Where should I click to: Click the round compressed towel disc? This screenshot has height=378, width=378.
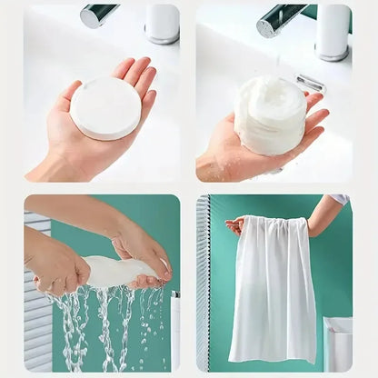click(x=105, y=107)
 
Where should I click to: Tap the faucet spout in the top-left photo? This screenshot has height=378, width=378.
click(x=99, y=15)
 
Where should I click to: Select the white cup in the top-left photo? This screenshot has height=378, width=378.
click(x=163, y=23)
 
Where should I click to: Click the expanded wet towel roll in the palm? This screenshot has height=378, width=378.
click(x=270, y=114)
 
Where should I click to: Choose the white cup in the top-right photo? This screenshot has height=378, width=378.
click(x=333, y=30)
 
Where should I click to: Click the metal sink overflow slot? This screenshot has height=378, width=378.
click(x=311, y=83)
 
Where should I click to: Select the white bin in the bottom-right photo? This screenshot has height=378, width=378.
click(x=337, y=344)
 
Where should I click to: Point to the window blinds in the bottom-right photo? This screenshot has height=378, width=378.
click(x=203, y=291)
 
